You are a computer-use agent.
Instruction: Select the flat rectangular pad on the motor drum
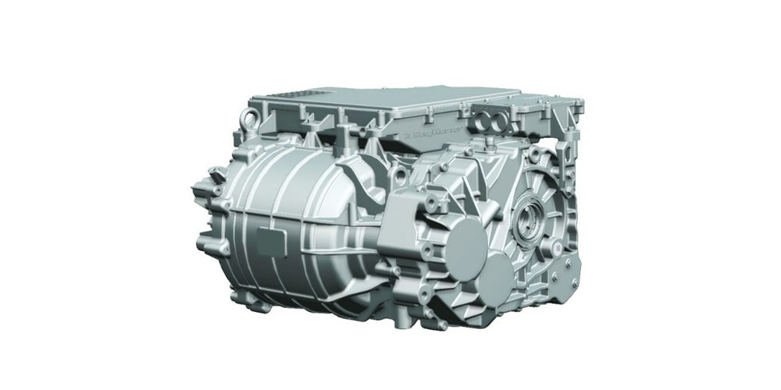270,239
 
